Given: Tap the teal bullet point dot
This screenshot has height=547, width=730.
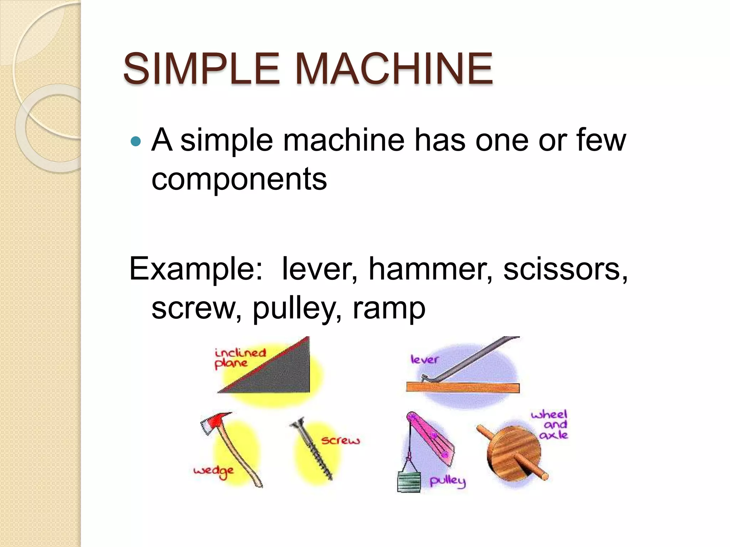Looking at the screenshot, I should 136,142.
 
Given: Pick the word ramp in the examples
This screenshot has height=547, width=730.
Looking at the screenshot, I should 389,308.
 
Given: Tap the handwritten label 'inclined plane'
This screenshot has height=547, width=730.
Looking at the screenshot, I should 240,358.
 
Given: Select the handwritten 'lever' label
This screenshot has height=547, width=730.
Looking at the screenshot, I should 424,359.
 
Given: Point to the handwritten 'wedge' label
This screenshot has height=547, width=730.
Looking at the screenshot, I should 214,472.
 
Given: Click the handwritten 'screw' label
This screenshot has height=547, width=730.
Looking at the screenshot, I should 340,441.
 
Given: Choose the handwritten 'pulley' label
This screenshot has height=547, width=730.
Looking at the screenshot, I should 447,481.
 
